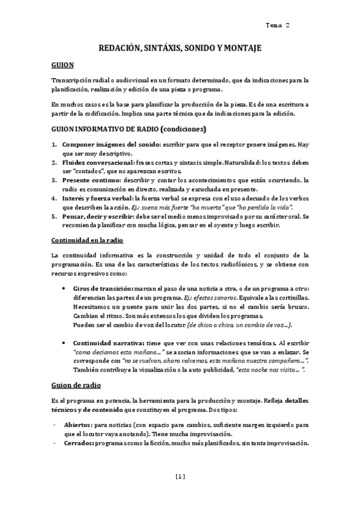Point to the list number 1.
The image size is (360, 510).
(54, 145)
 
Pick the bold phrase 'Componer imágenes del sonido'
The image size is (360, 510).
(110, 145)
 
